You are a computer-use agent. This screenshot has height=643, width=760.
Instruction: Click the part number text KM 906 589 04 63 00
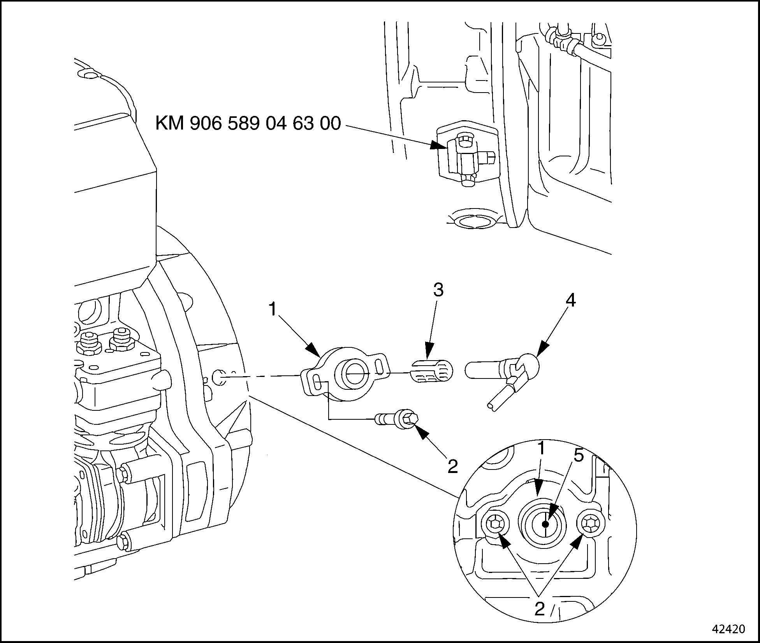point(248,124)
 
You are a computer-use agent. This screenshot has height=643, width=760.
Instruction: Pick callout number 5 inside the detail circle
point(579,456)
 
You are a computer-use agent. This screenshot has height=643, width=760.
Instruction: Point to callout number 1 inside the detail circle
point(540,450)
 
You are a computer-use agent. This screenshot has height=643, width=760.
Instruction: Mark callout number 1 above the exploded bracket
point(273,309)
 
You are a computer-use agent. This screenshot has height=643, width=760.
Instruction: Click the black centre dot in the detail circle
point(545,524)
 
